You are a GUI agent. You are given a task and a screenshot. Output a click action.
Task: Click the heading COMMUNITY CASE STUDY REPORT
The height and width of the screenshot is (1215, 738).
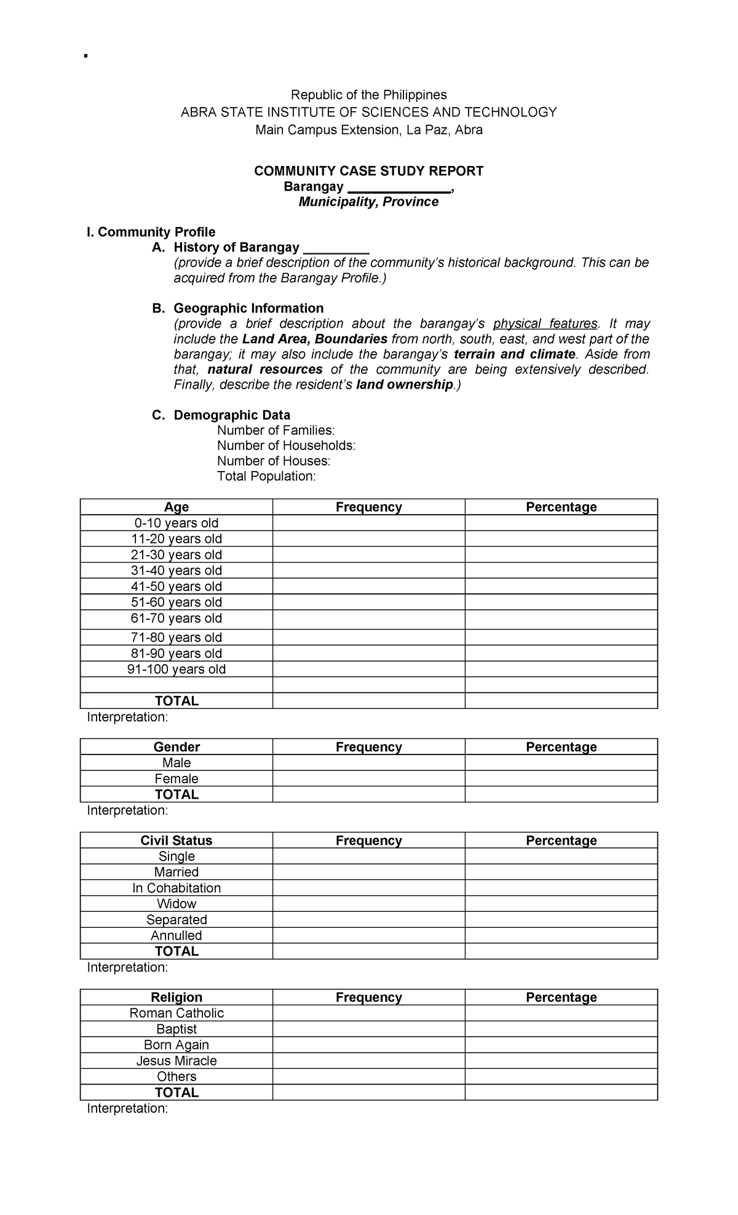click(368, 171)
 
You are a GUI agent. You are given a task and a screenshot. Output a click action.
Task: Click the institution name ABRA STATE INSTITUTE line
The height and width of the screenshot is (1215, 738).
click(368, 112)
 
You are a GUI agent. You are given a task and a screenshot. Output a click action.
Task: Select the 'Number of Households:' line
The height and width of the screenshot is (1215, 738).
click(286, 445)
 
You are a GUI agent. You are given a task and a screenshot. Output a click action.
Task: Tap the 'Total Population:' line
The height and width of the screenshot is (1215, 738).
click(266, 476)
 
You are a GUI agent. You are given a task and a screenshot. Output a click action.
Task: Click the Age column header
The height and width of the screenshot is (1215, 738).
click(177, 507)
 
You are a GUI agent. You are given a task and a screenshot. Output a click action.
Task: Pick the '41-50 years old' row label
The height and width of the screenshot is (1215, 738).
click(177, 587)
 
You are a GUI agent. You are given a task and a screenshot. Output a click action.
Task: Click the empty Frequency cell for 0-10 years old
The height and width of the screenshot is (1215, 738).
click(368, 523)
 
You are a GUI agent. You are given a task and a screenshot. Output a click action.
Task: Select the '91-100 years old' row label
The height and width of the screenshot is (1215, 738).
click(177, 669)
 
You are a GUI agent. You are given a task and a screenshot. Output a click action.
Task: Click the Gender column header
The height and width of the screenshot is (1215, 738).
click(177, 747)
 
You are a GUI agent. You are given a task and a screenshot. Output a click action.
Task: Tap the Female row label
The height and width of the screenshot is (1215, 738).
click(177, 778)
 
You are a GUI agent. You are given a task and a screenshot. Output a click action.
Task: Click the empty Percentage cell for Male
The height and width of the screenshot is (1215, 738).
click(561, 763)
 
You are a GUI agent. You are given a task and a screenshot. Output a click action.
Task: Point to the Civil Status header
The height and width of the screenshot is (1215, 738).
click(177, 841)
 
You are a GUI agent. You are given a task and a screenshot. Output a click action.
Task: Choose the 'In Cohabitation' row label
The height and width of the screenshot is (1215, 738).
click(177, 888)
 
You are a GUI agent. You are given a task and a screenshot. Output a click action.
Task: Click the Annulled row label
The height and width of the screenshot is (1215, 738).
click(177, 935)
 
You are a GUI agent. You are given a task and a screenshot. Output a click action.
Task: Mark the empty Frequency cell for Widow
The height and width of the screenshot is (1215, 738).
click(368, 904)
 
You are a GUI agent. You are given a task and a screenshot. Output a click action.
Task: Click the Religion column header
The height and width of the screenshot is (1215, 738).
click(177, 997)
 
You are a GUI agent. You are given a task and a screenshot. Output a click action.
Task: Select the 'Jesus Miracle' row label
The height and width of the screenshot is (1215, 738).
click(177, 1061)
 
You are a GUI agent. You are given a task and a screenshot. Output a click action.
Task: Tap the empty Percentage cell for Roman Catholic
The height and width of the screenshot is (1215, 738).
click(561, 1013)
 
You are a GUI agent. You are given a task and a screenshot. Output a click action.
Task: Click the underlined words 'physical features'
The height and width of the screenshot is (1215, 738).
click(546, 323)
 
